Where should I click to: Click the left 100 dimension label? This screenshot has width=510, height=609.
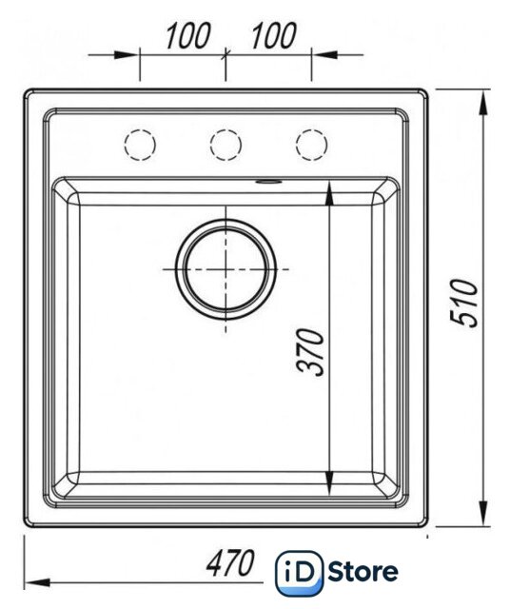click(x=188, y=36)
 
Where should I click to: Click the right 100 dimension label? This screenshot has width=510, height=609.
click(x=274, y=36)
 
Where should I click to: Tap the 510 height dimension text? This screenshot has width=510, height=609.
click(x=463, y=303)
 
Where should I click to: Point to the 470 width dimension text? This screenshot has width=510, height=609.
click(x=230, y=562)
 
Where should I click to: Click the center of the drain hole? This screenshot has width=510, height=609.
click(x=226, y=269)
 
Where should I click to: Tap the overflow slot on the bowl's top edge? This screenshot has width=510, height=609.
click(x=268, y=181)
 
